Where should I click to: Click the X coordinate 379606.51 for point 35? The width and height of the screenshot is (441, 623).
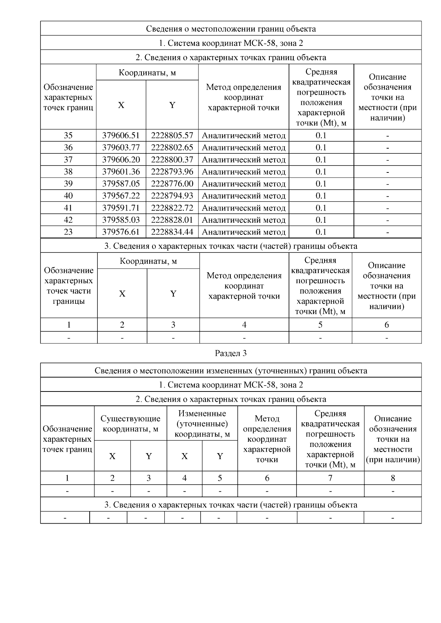coord(121,135)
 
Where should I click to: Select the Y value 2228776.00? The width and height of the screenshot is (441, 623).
coord(172,183)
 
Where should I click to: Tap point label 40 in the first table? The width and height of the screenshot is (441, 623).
coord(68,196)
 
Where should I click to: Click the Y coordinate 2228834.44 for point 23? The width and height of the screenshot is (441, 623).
coord(172,232)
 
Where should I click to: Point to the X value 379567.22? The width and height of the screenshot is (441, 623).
coord(121,196)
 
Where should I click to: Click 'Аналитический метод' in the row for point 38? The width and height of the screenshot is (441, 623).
coord(244,172)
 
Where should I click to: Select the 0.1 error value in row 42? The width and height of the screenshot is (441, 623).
coord(321,220)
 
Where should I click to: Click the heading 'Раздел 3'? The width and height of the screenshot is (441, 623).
coord(230,353)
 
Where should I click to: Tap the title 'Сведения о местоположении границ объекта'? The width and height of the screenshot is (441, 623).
coord(230,29)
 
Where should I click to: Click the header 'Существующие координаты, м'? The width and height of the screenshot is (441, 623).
coord(130,423)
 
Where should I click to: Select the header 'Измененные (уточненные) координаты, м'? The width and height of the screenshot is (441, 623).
coord(202,424)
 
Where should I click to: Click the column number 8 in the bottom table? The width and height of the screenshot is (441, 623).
coord(393,478)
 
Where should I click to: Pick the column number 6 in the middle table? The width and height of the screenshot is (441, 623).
coord(387,325)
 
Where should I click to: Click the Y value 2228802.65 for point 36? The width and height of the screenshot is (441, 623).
coord(172,147)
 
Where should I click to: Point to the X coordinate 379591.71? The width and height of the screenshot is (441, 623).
coord(121,208)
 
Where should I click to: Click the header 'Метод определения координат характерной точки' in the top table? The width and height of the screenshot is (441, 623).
coord(244,97)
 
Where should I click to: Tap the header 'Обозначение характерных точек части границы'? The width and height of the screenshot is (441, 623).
coord(69,286)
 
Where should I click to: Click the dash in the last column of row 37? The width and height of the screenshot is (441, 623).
coord(387,160)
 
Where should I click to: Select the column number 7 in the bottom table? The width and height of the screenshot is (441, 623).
coord(330,478)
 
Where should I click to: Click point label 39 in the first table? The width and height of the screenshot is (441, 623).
coord(68,183)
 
